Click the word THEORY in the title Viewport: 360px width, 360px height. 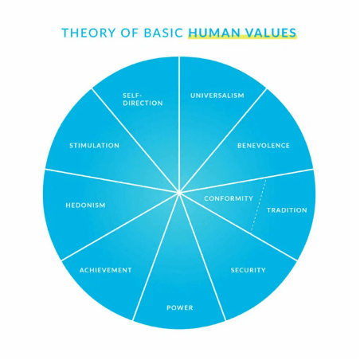click(x=88, y=33)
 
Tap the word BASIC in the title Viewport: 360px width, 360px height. click(x=163, y=33)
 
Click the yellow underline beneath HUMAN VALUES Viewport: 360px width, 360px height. click(x=242, y=37)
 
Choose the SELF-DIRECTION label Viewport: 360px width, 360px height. click(x=143, y=100)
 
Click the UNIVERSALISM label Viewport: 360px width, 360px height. click(x=217, y=96)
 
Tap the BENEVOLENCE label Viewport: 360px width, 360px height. click(x=264, y=146)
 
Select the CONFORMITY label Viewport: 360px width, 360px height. click(x=229, y=198)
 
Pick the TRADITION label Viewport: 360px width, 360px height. click(x=287, y=210)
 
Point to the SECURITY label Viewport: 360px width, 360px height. click(x=248, y=270)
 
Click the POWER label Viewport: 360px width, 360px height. click(x=180, y=307)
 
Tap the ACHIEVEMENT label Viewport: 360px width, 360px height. click(x=105, y=270)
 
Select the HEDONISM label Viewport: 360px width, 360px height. click(x=85, y=205)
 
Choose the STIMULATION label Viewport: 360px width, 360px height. click(x=94, y=146)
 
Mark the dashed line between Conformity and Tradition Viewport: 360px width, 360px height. click(x=258, y=206)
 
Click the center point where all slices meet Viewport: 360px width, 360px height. click(x=179, y=193)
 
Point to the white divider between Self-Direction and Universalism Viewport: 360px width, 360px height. click(x=179, y=124)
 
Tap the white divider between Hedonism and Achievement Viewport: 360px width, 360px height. click(x=120, y=227)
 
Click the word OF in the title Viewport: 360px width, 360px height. click(x=130, y=33)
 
